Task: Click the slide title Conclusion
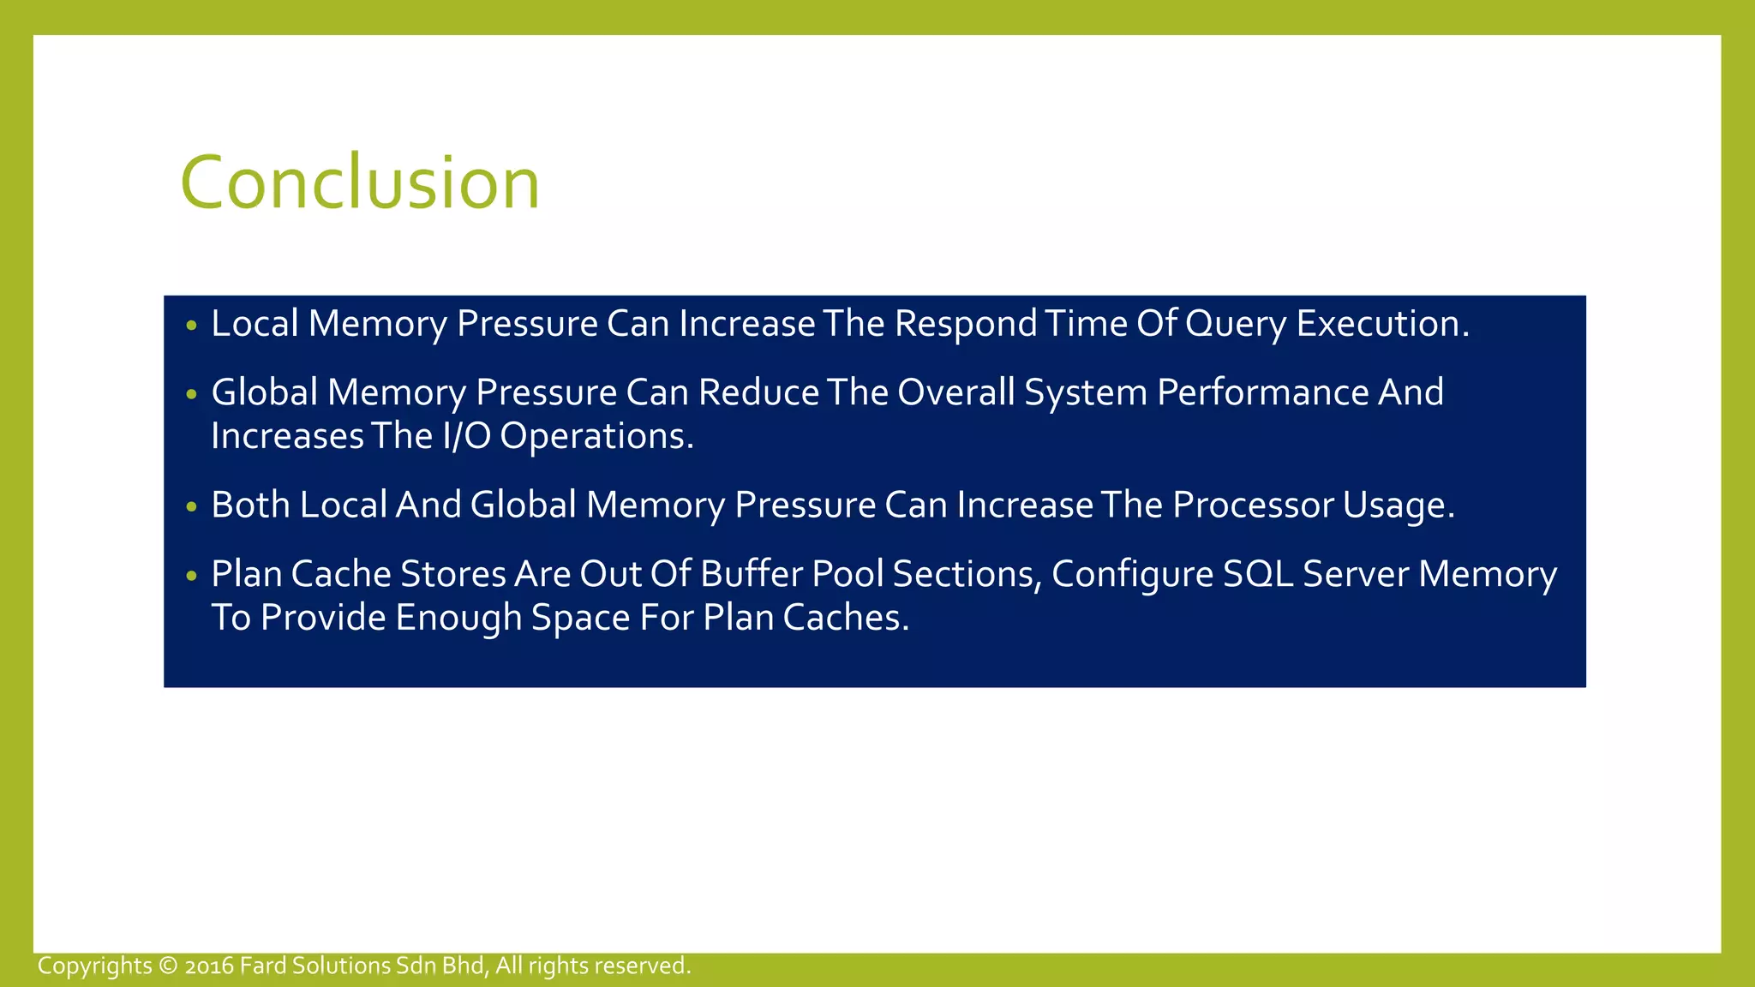(360, 182)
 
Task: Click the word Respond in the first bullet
(966, 324)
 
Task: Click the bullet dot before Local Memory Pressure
(191, 326)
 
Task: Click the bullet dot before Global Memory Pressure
(191, 394)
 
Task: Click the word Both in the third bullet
(250, 505)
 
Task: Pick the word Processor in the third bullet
(1252, 505)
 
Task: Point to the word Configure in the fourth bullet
(1132, 574)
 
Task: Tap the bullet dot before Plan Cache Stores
(191, 576)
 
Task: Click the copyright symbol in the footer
(168, 966)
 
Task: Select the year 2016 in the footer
(209, 966)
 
